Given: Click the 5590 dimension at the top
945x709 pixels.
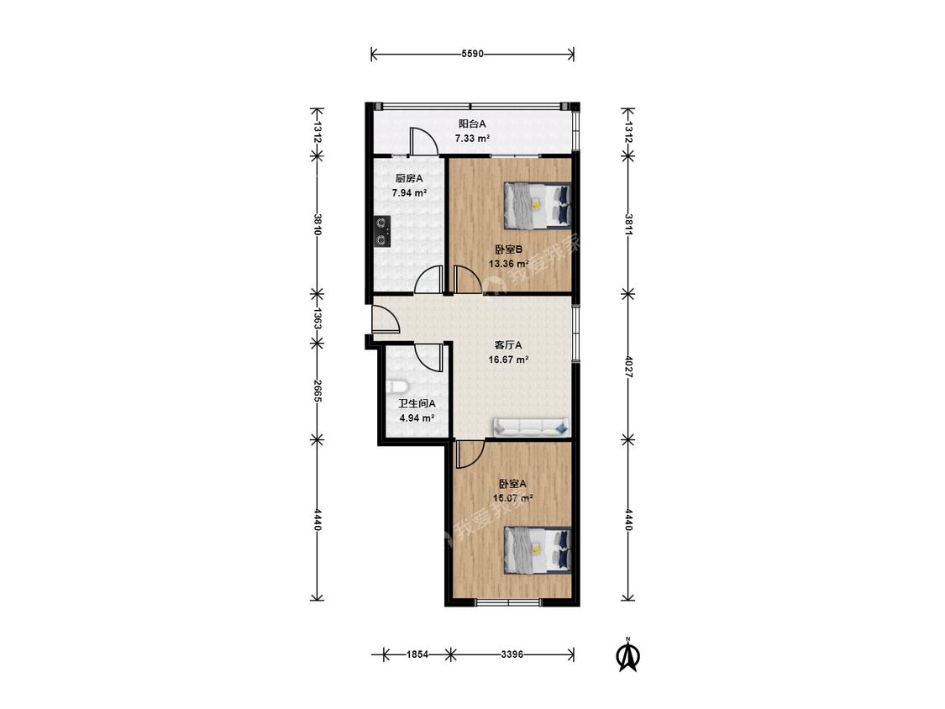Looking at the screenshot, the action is (472, 54).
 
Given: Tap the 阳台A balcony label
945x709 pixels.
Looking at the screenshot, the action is (472, 123).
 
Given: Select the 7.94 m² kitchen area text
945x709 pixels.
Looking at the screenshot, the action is (409, 193).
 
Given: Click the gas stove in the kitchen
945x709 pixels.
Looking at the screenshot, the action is (381, 232).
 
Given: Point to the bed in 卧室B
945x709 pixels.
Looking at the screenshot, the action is (537, 206).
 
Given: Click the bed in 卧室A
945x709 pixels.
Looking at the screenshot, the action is (537, 549).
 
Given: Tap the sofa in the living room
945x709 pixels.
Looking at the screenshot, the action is (531, 427).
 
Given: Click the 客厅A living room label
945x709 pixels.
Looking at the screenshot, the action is (508, 345).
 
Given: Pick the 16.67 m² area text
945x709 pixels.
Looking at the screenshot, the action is (509, 360).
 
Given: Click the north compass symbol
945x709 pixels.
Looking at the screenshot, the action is (627, 654).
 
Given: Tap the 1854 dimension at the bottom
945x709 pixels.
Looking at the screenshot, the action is (417, 654).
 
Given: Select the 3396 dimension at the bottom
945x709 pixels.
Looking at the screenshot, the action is (512, 654).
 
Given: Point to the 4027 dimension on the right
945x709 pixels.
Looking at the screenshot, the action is (628, 367).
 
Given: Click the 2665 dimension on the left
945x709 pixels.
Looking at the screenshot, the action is (317, 391).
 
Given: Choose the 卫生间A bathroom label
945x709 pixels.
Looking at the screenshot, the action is (417, 404).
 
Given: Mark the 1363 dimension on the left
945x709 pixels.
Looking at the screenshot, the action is (317, 318).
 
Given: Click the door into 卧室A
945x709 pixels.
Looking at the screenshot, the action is (470, 454).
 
